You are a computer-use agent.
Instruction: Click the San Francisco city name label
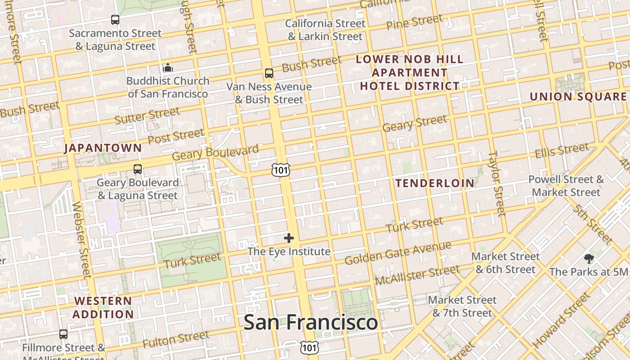click(310, 322)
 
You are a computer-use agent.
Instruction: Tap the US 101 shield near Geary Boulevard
click(280, 170)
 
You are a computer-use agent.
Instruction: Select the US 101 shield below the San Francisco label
click(310, 347)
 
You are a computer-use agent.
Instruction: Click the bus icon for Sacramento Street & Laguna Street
click(115, 20)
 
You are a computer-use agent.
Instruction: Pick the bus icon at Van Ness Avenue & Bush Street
click(269, 73)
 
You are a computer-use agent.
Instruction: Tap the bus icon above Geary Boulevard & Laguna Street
click(138, 169)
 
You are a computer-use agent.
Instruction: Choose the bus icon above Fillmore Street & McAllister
click(63, 334)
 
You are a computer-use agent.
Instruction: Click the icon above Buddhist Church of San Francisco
click(168, 68)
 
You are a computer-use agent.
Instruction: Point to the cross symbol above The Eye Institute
click(289, 238)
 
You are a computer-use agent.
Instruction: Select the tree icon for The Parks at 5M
click(589, 258)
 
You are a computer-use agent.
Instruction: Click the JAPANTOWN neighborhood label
click(103, 148)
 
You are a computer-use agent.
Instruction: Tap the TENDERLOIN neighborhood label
click(435, 183)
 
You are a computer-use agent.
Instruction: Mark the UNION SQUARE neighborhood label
click(578, 97)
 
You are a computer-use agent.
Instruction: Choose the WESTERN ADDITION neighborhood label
click(103, 307)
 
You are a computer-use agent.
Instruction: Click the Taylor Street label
click(497, 183)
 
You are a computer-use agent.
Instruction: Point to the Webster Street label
click(81, 239)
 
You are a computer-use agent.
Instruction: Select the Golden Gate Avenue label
click(398, 253)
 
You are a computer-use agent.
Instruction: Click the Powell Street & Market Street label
click(566, 186)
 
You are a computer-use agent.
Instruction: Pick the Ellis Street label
click(562, 151)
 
